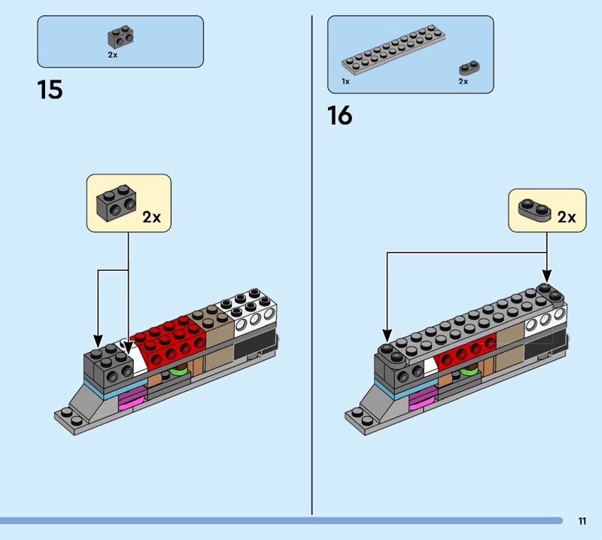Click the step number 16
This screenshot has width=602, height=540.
tap(339, 116)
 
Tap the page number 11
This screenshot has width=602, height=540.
tap(582, 520)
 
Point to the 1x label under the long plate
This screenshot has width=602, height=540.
tap(345, 80)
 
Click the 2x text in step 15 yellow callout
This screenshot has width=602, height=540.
tap(151, 217)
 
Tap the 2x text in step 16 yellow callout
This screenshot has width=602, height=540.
tap(566, 217)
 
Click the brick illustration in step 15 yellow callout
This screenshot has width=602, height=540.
tap(115, 199)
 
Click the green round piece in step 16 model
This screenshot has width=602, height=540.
tap(468, 371)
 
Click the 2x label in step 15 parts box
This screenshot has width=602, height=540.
tap(113, 55)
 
